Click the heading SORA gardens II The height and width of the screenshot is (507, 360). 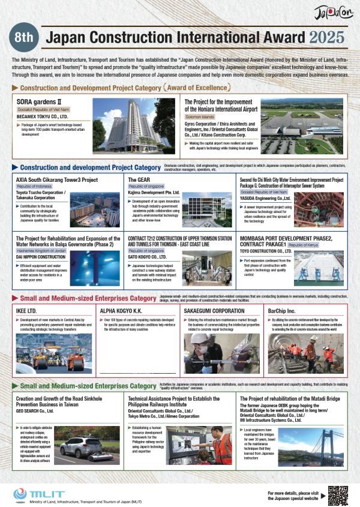tap(40, 101)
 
